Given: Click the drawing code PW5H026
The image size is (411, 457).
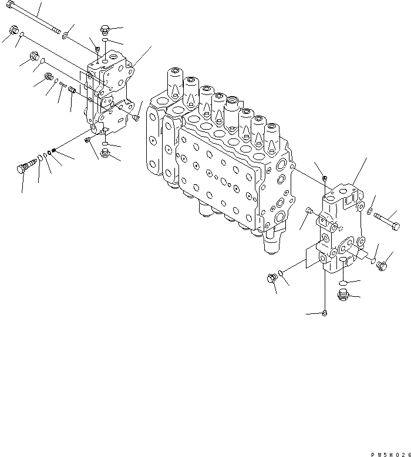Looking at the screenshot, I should [389, 454].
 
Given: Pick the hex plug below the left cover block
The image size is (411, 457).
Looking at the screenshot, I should [106, 154].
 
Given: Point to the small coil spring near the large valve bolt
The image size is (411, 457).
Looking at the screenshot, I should [54, 151].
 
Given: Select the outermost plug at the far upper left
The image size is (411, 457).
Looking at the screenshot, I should [13, 31].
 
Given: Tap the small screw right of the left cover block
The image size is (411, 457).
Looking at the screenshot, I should [136, 117].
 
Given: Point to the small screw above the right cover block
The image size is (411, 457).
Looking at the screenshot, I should [325, 178].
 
